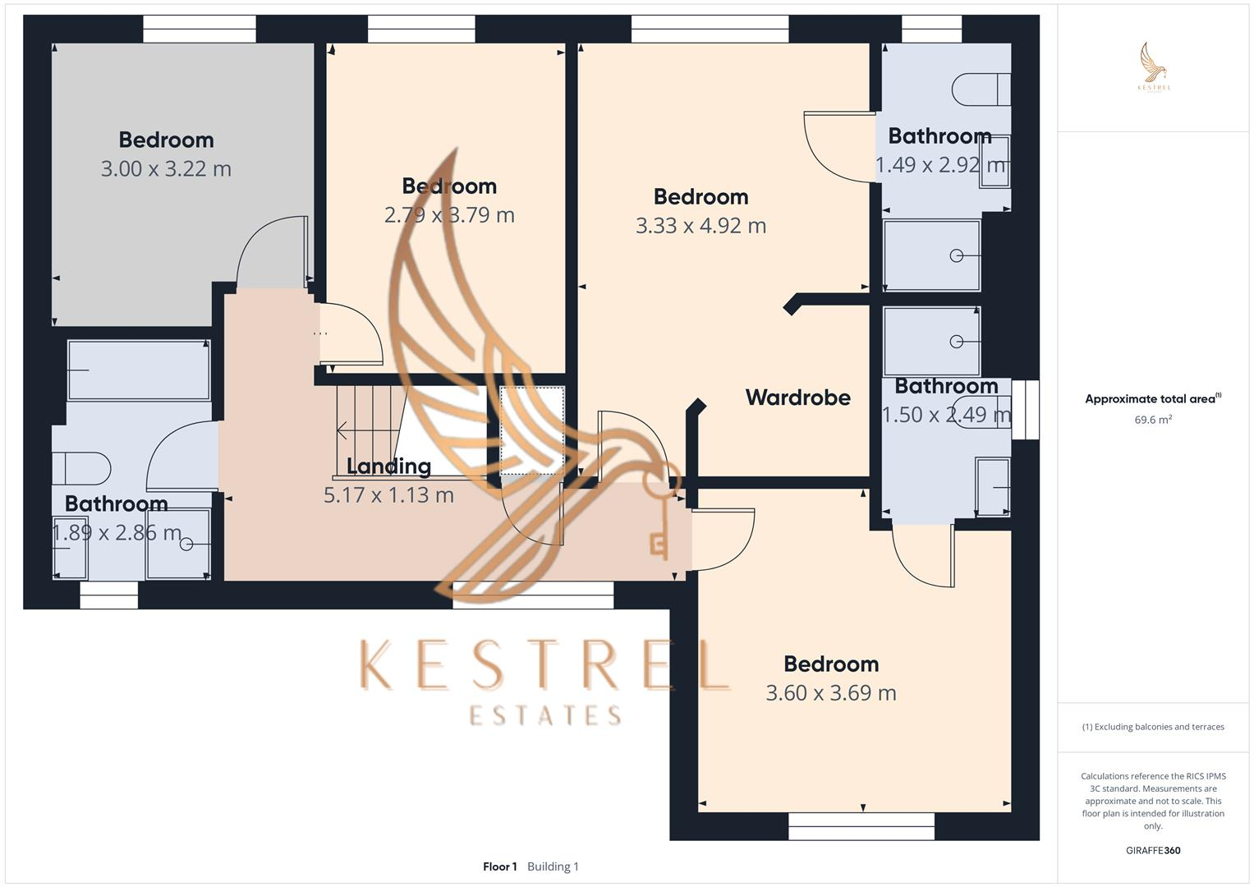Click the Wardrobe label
(797, 398)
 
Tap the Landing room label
(388, 466)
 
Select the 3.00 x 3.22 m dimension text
(166, 169)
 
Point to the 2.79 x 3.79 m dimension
(449, 215)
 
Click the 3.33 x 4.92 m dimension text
(700, 226)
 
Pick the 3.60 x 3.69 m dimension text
(831, 693)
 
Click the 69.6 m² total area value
(1153, 420)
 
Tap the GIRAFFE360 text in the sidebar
(1153, 851)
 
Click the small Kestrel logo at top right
(1154, 67)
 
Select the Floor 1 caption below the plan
(500, 866)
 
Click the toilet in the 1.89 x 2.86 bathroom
(80, 469)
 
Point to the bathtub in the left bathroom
(138, 370)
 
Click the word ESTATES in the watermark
(545, 715)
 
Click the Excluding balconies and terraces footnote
(1153, 727)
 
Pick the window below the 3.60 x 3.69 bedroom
(861, 825)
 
